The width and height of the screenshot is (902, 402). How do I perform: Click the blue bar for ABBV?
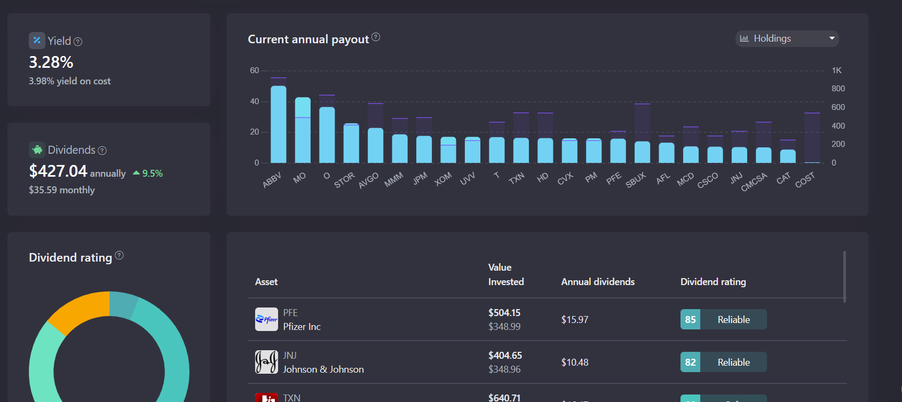[278, 124]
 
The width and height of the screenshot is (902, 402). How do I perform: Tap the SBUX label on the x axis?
[636, 180]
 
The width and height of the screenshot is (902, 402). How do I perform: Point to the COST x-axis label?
[805, 180]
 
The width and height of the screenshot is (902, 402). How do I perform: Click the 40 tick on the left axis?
[255, 101]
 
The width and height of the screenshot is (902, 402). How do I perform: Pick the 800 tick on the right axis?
[838, 89]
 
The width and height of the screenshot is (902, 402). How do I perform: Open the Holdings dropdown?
[787, 38]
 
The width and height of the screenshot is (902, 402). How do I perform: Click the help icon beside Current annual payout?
[376, 37]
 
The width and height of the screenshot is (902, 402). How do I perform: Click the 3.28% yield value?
[51, 62]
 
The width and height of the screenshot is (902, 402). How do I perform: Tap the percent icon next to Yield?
[37, 41]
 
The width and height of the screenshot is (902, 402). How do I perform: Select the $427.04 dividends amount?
[58, 171]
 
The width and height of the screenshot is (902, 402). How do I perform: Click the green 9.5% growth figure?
[152, 174]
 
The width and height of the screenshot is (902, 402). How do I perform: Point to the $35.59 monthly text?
[62, 190]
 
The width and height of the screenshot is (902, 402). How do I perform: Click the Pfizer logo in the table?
[266, 319]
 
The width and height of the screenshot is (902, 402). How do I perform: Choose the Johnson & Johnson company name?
[323, 369]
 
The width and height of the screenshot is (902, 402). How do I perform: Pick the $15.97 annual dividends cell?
[575, 320]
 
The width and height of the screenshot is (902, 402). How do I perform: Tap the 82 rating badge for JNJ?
[690, 362]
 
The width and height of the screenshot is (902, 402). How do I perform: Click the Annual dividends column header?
[598, 282]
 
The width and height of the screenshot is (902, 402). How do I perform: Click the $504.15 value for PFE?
[504, 313]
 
